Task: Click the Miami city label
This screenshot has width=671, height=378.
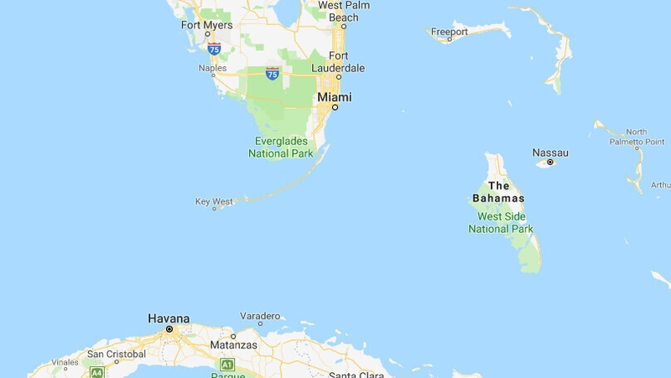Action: point(334,97)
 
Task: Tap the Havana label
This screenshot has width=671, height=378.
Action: point(169,318)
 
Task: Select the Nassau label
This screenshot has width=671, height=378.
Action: point(550,153)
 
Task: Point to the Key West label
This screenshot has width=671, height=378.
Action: point(214,201)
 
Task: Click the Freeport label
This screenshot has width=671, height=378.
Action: point(449,32)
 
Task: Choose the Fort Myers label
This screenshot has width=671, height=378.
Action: point(207,24)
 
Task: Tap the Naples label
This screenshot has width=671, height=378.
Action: point(212,68)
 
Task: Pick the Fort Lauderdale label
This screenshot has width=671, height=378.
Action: point(339,61)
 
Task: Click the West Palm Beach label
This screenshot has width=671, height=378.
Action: point(344,11)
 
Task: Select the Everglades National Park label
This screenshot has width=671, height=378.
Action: point(281,148)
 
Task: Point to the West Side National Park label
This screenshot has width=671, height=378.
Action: point(500,222)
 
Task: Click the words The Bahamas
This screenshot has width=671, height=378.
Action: point(498,192)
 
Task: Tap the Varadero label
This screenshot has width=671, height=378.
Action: point(259,315)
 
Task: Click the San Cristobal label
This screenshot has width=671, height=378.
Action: point(117,353)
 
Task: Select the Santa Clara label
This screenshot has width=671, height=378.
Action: point(356,374)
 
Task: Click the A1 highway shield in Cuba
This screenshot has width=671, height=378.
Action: point(226,365)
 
